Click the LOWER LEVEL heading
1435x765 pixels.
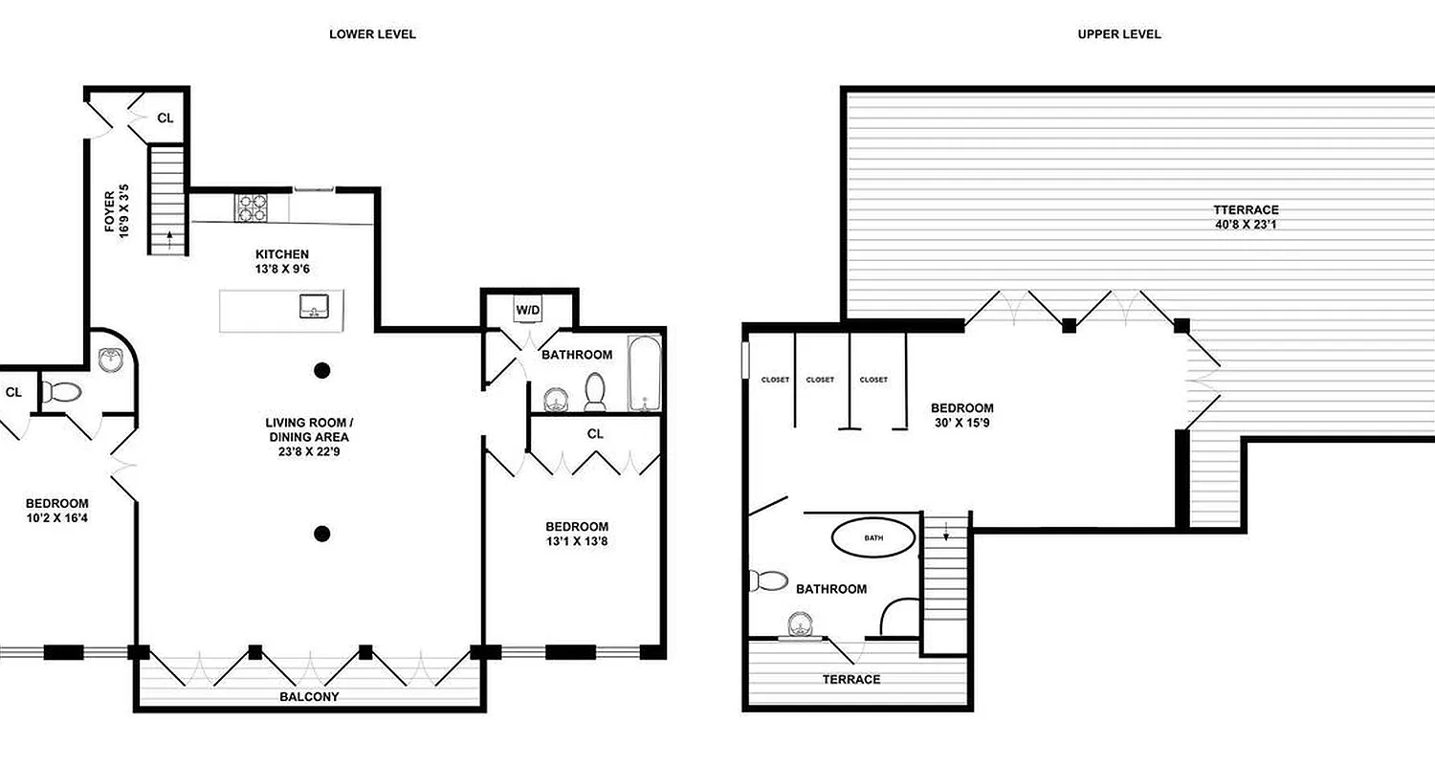click(x=372, y=34)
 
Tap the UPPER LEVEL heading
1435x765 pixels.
click(x=1118, y=34)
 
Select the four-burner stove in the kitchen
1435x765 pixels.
click(x=252, y=208)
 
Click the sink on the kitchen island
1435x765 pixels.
click(x=315, y=308)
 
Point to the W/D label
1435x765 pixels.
click(x=527, y=310)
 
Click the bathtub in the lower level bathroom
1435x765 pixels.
click(x=645, y=374)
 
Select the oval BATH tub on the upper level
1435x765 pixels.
click(x=873, y=537)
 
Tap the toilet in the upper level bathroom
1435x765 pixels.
click(x=768, y=579)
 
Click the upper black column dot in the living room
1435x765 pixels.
click(x=323, y=370)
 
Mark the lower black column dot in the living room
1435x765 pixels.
click(x=323, y=534)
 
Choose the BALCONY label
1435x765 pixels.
click(x=309, y=697)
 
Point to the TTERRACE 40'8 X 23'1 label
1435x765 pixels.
click(x=1246, y=217)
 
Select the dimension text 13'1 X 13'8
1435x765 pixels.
click(x=576, y=541)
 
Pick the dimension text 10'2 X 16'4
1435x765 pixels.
click(x=57, y=518)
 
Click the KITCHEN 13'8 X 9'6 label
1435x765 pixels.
click(x=281, y=261)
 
